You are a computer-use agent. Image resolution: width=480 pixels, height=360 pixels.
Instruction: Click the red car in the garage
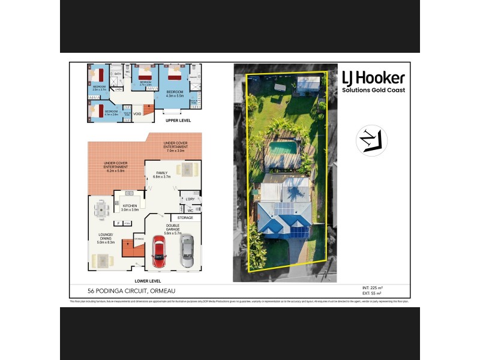158,251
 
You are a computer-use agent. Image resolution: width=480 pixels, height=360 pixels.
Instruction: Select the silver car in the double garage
187,251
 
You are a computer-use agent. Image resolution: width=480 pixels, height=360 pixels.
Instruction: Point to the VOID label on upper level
137,113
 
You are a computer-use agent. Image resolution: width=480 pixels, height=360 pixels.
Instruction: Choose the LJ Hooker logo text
373,78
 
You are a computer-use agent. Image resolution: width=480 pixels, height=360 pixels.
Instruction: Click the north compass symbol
371,140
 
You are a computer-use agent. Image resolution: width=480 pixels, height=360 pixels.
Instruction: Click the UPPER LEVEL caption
178,120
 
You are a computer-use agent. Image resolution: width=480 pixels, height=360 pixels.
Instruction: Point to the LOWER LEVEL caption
148,281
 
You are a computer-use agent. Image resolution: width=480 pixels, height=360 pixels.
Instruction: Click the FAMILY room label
162,173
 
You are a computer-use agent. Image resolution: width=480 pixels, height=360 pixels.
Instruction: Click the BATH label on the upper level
118,74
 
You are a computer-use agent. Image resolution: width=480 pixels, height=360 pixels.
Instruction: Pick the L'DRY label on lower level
190,199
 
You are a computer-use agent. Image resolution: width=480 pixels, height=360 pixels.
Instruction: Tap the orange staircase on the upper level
148,110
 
